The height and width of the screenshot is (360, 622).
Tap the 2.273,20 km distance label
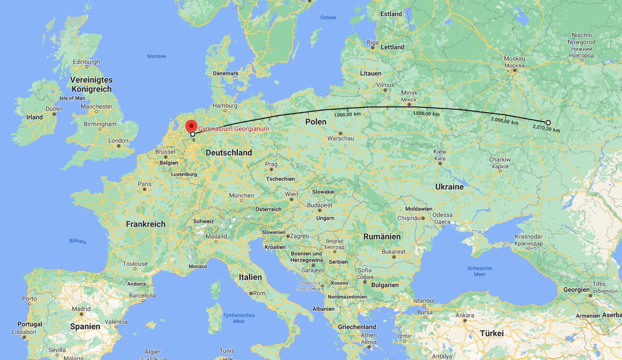coord(546,130)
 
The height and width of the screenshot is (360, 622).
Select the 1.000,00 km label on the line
coord(348,114)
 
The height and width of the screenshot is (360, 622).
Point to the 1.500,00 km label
coord(426,113)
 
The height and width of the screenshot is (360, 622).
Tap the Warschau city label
coord(340,138)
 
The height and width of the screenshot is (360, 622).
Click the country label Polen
coord(316,122)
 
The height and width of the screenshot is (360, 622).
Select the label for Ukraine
coord(449,187)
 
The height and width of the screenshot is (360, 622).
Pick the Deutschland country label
coord(229,153)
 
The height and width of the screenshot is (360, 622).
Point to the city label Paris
coord(144,183)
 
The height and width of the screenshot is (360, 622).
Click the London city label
coord(118,141)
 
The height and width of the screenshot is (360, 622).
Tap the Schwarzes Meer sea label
coord(480,271)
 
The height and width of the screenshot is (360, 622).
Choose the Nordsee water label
coord(156,56)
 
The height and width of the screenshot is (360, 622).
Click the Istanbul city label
coord(424,301)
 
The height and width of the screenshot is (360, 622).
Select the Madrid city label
coord(81,309)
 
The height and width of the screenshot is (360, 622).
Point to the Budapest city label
coord(320,205)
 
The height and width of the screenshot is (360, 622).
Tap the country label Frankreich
coord(145,224)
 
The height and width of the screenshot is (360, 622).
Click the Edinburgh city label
coord(86,62)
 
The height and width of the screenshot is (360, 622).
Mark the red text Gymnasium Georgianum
coord(233,129)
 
